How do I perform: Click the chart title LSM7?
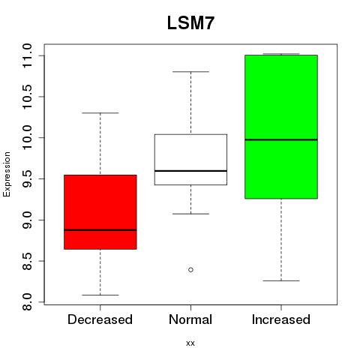point(190,23)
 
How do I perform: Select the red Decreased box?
point(100,212)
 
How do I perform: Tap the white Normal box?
point(190,160)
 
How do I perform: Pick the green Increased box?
point(281,127)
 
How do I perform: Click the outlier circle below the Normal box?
point(190,270)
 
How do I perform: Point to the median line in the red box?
point(100,230)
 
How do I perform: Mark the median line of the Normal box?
point(190,171)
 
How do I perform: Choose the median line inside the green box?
point(281,139)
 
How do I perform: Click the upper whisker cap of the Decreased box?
point(100,113)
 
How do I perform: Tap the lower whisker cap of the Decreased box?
point(100,295)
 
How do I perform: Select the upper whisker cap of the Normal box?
point(190,72)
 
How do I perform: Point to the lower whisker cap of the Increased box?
point(281,280)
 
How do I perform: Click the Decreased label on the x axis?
point(100,319)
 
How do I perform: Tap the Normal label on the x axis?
point(190,319)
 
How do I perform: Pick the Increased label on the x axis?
point(281,319)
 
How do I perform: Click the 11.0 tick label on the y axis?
point(27,55)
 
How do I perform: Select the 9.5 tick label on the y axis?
point(27,179)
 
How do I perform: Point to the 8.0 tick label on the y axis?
point(27,302)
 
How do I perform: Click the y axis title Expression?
point(7,174)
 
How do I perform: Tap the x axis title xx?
point(190,343)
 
